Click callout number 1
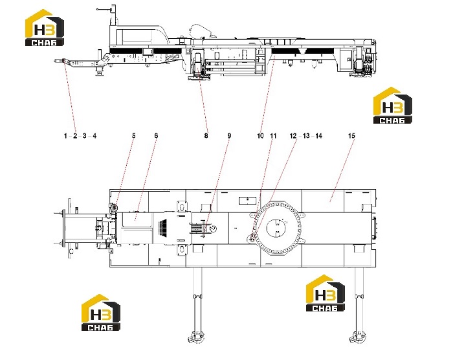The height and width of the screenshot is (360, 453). pyautogui.click(x=65, y=135)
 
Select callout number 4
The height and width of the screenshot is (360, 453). pyautogui.click(x=94, y=135)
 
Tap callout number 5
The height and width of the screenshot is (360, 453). pyautogui.click(x=134, y=135)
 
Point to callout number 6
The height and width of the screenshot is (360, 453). pyautogui.click(x=157, y=135)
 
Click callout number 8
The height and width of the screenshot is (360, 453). pyautogui.click(x=206, y=135)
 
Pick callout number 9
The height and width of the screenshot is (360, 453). pyautogui.click(x=229, y=135)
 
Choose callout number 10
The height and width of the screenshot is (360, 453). pyautogui.click(x=260, y=135)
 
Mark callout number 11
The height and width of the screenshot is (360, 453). pyautogui.click(x=273, y=135)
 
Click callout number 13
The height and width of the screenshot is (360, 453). pyautogui.click(x=306, y=135)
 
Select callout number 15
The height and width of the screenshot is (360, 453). pyautogui.click(x=351, y=135)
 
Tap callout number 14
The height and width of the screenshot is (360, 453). pyautogui.click(x=318, y=135)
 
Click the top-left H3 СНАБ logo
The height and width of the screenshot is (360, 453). pyautogui.click(x=45, y=27)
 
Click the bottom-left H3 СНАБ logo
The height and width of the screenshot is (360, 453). pyautogui.click(x=100, y=312)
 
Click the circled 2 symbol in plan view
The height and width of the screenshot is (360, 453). pyautogui.click(x=213, y=228)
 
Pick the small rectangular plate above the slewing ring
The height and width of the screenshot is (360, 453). pyautogui.click(x=248, y=200)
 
